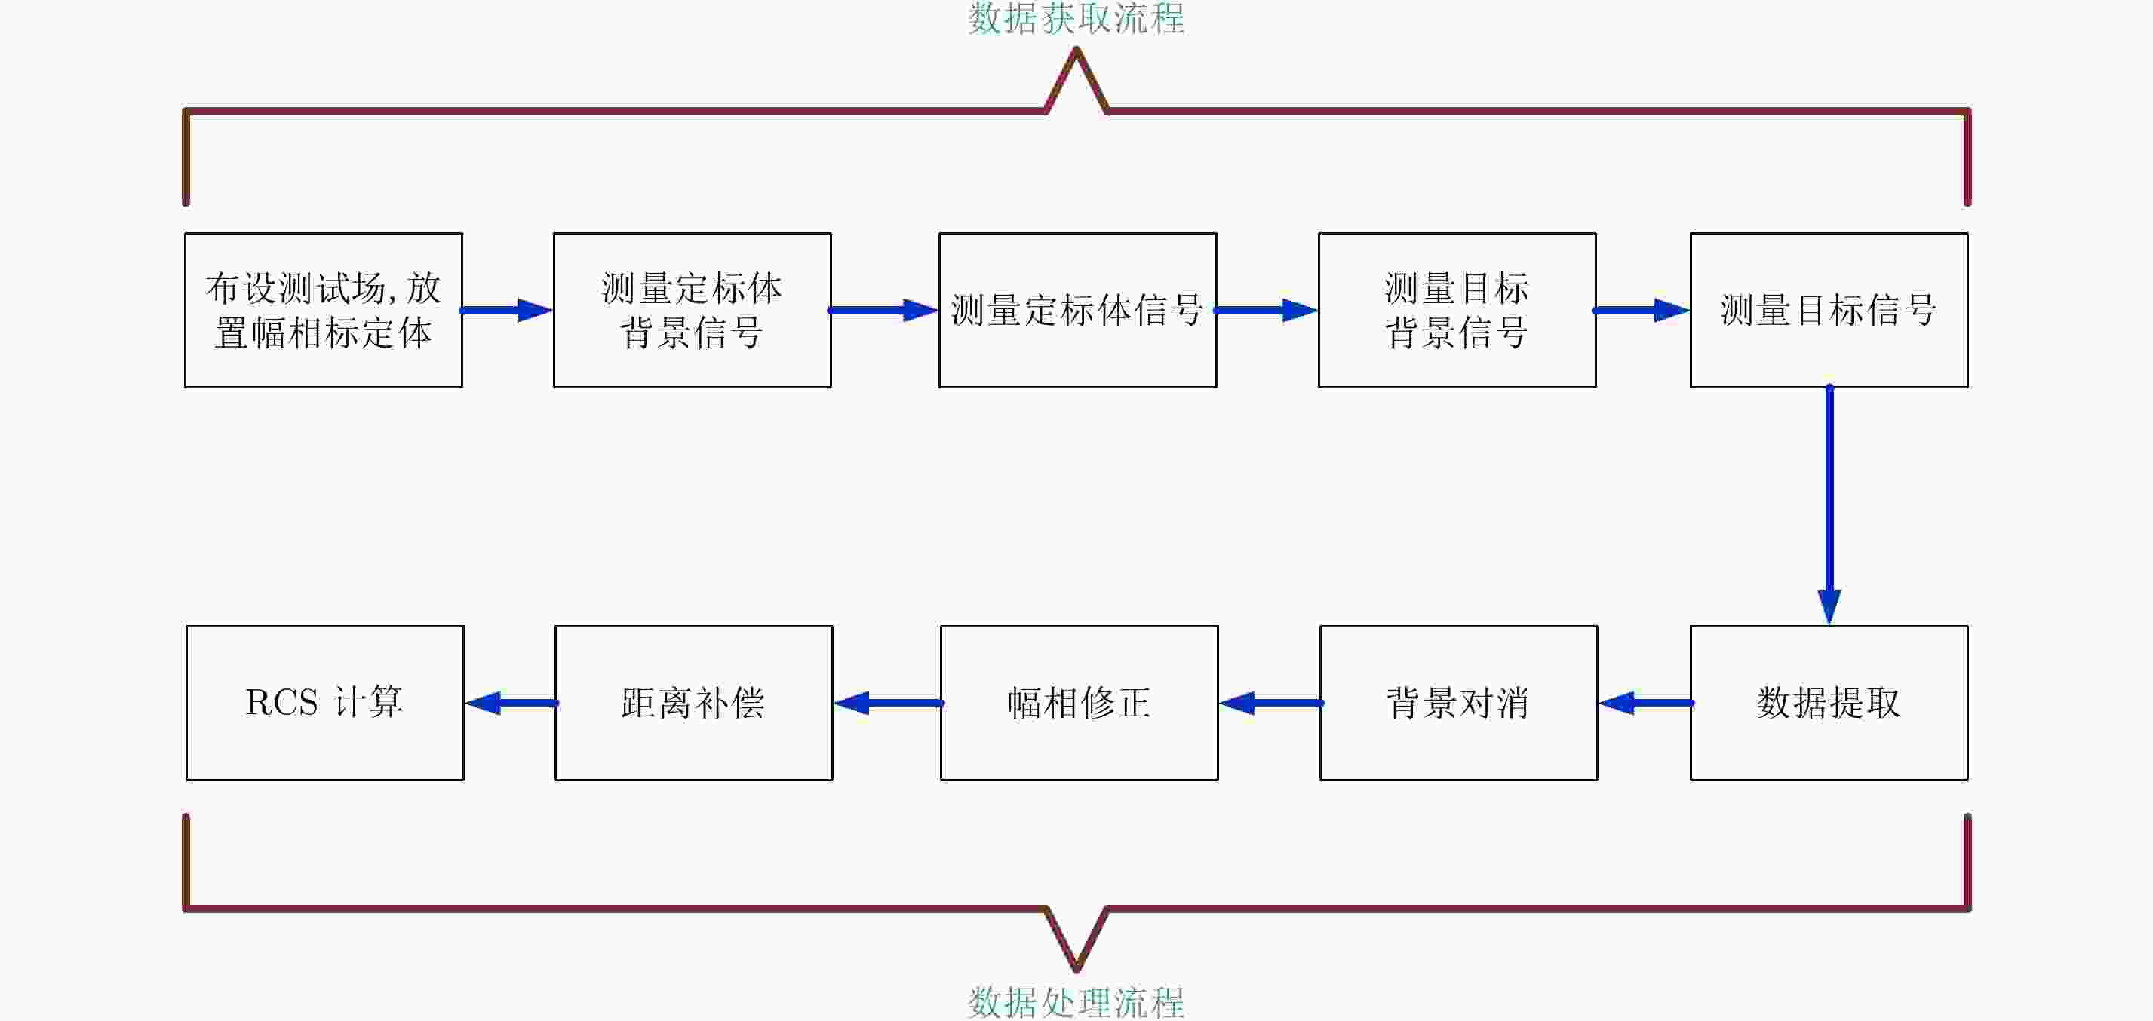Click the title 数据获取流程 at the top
point(1076,18)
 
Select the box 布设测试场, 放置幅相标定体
point(324,310)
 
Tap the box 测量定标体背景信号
point(692,310)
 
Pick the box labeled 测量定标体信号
point(1077,310)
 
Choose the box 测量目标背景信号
point(1457,310)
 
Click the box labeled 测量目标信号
point(1829,310)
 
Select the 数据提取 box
point(1829,703)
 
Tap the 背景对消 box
point(1458,703)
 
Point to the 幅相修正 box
point(1079,703)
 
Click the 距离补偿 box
point(694,703)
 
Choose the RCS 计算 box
point(325,703)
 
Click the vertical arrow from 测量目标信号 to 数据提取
point(1829,501)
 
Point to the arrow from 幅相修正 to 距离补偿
point(888,703)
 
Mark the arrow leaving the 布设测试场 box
point(506,310)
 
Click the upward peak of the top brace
point(1076,52)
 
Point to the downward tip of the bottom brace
point(1076,968)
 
